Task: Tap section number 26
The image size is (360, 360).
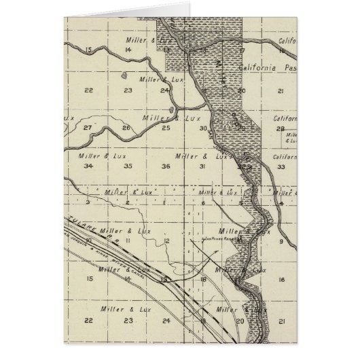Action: [x=126, y=128]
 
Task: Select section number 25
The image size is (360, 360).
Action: [x=166, y=128]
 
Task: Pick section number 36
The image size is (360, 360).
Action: [x=166, y=166]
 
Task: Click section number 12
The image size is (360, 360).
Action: [x=166, y=241]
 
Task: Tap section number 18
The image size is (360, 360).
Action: [x=203, y=279]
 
